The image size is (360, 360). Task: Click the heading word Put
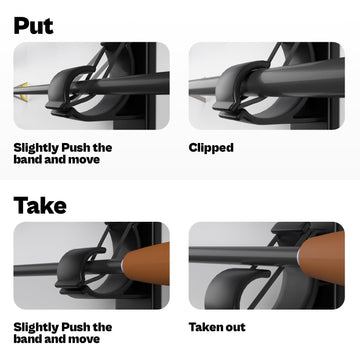point(33,25)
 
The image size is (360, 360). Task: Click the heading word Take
point(40,205)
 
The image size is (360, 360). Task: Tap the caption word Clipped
point(211,148)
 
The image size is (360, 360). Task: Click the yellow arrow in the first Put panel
point(23,91)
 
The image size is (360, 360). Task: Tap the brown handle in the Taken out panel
point(322,257)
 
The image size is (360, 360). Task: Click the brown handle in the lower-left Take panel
point(147,264)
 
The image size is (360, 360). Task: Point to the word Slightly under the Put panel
point(35,148)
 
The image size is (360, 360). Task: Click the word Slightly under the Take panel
point(35,327)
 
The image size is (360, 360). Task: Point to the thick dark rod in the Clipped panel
point(293,79)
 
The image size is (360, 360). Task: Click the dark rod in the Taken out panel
point(244,256)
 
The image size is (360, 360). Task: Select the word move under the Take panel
point(84,339)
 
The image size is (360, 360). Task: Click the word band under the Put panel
point(26,159)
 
